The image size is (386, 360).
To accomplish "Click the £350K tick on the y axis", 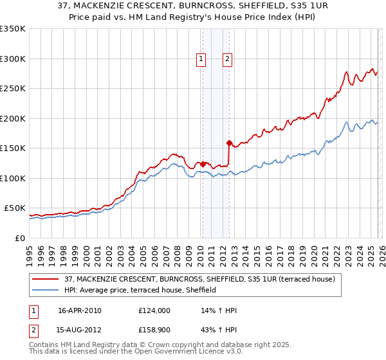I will pos(13,29).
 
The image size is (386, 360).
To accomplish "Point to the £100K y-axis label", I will pos(13,178).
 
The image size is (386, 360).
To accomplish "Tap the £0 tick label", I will pos(20,238).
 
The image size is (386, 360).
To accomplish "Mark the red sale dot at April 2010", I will pos(203,164).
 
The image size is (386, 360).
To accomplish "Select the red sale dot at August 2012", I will pos(229,143).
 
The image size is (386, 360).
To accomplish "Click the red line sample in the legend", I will pos(46,280).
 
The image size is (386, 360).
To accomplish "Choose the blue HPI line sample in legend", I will pos(46,291).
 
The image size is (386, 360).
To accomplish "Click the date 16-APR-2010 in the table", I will pos(80,310).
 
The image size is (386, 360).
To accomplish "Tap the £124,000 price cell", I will pos(154,310).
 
